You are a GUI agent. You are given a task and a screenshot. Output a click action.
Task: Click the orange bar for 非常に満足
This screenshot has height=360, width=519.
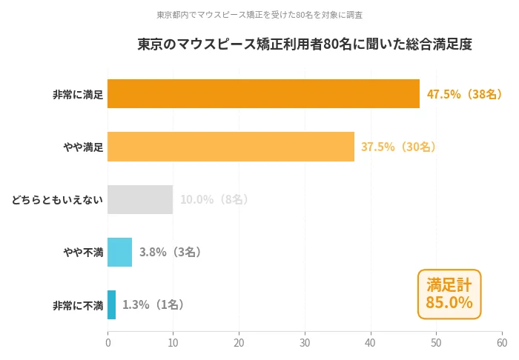pos(263,94)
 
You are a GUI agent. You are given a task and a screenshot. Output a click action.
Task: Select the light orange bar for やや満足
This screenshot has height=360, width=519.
pos(231,147)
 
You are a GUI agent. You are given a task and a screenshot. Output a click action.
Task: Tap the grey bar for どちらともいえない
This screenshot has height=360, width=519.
pos(140,199)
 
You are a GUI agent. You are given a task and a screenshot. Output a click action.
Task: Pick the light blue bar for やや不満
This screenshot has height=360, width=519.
pos(120,252)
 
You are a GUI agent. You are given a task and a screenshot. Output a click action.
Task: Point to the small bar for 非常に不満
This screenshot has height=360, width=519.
pos(112,304)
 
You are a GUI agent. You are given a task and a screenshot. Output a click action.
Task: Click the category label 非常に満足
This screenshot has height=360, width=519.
pos(78,95)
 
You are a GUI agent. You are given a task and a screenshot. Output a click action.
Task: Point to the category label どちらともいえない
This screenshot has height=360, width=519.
pos(57,200)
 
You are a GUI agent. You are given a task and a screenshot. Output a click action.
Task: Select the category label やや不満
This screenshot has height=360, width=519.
pos(83,253)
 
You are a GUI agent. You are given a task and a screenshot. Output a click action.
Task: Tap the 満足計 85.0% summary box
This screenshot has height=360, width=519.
pos(449,294)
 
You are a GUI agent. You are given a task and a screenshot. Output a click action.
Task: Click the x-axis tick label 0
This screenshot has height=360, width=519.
pos(108,343)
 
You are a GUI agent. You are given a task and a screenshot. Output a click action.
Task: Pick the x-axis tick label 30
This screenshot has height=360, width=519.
pos(305,343)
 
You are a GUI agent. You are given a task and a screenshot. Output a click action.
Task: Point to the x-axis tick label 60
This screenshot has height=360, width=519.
pos(502,343)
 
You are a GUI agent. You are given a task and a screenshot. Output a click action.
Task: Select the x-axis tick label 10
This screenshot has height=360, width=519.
pos(173,343)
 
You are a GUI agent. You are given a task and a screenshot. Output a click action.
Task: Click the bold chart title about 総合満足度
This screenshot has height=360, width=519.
pos(305,44)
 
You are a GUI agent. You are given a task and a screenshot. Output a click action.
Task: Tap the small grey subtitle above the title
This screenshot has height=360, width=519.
pos(259,14)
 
